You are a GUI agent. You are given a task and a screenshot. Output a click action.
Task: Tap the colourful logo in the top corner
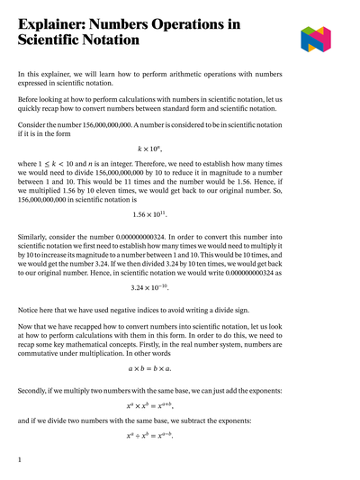pos(316,39)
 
